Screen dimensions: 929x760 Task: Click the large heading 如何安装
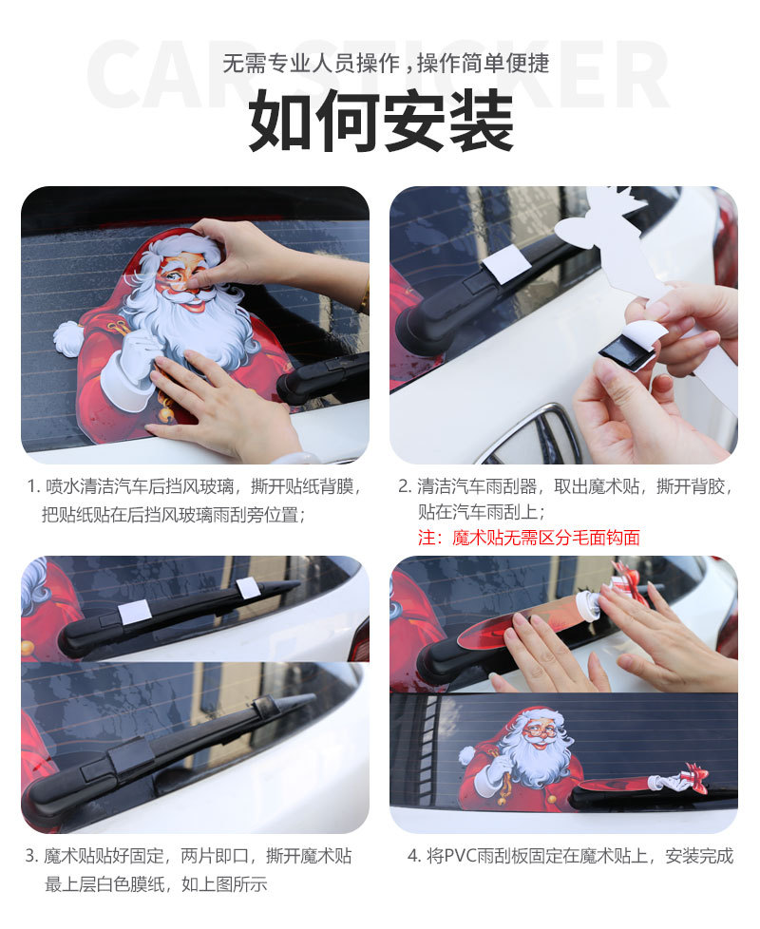coord(380,122)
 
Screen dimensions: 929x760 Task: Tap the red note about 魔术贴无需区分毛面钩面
coord(528,538)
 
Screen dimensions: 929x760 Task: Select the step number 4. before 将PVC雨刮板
coord(413,856)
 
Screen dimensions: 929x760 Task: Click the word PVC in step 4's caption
coord(456,856)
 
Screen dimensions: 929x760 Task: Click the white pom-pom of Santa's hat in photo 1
coord(67,337)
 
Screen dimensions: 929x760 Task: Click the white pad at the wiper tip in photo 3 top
coord(249,588)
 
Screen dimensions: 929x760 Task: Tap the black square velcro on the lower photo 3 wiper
coord(130,756)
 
